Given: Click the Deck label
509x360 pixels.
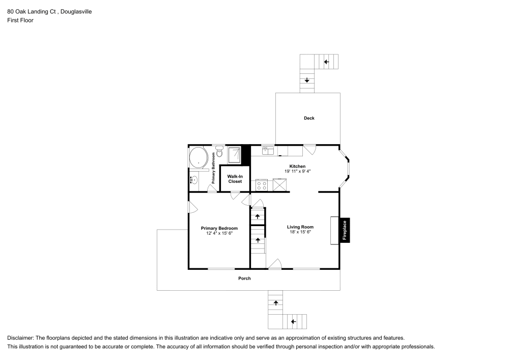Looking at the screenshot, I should [309, 118].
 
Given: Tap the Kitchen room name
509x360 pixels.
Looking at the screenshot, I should [297, 167].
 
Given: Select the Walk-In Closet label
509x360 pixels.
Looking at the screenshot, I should [235, 179].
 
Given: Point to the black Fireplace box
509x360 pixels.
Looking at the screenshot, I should [345, 230].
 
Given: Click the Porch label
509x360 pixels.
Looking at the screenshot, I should [244, 279].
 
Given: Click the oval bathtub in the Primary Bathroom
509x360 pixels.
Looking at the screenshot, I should [198, 157].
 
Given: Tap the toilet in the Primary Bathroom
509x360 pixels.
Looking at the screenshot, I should [219, 151].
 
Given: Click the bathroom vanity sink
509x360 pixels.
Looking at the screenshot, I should [194, 180].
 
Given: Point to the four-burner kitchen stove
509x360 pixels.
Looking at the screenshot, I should [262, 185].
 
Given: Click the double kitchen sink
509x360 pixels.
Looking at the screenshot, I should [268, 150].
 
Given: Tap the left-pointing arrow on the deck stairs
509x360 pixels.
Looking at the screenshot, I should [326, 62].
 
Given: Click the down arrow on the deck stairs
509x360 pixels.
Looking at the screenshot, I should [307, 80].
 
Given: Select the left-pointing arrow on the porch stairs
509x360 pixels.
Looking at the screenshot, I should [293, 321].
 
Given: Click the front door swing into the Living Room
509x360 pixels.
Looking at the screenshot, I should [275, 263].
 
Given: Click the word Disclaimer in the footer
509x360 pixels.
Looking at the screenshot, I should [20, 338].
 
